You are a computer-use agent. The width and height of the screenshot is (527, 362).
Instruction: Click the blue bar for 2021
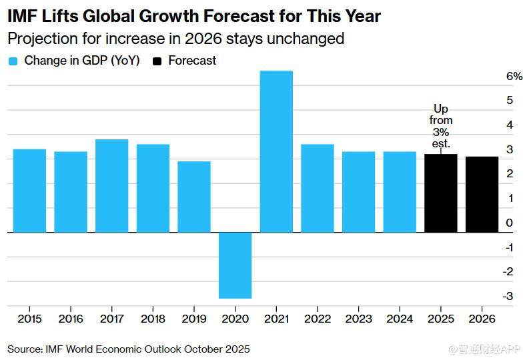[x=276, y=151]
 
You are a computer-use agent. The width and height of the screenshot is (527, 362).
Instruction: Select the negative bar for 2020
[x=235, y=265]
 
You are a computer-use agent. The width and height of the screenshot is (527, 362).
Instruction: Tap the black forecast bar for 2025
[x=440, y=193]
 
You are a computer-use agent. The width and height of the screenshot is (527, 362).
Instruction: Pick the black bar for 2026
[x=482, y=195]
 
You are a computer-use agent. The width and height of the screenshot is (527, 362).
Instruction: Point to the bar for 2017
[x=111, y=186]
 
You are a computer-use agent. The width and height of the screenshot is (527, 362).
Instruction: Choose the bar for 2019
[x=193, y=197]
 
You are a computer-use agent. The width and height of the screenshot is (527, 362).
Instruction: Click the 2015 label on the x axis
[x=29, y=319]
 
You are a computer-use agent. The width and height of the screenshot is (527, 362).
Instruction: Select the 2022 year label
[x=318, y=319]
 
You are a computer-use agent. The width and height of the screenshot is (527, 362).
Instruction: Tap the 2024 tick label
[x=400, y=319]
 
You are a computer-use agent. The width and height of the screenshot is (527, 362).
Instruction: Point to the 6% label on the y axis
[x=514, y=77]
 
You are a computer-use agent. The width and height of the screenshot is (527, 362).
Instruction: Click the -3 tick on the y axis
[x=509, y=296]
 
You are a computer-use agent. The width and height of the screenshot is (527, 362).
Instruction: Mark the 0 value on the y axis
[x=510, y=223]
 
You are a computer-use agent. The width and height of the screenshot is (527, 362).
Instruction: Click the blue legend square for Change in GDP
[x=13, y=61]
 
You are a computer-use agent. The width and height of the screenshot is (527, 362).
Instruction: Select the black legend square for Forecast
[x=157, y=61]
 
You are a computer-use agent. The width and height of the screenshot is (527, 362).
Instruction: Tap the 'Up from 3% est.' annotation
[x=441, y=126]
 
